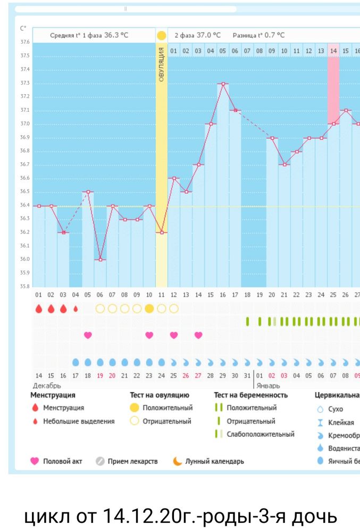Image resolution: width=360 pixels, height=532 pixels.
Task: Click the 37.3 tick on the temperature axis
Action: tap(24, 83)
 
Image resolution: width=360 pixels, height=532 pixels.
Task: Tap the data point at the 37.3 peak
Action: tap(223, 84)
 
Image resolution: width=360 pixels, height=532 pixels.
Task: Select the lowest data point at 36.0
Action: tap(100, 260)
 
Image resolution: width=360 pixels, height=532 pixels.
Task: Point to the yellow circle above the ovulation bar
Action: tap(162, 36)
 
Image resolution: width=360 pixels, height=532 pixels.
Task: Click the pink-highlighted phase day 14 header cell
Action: tap(333, 51)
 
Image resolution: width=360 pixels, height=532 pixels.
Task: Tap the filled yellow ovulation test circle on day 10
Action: tap(149, 309)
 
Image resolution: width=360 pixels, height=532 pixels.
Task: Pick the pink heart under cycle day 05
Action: tap(88, 335)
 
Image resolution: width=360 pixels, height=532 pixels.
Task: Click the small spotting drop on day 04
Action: tap(76, 309)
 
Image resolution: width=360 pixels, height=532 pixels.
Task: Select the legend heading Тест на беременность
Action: tap(250, 395)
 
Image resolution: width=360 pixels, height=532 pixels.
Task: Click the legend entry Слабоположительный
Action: tap(260, 434)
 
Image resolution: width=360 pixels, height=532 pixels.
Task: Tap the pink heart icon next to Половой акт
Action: tap(35, 461)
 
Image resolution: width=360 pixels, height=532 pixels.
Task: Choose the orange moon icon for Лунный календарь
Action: tap(177, 461)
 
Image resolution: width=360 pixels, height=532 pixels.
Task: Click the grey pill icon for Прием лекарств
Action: tap(100, 461)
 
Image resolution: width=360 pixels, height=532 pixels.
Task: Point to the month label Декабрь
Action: tap(47, 385)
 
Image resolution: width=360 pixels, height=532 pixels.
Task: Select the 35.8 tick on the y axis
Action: tap(24, 287)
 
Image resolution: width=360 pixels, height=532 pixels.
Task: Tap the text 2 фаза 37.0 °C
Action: tap(197, 35)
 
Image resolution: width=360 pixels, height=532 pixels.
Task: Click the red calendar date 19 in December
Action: tap(100, 375)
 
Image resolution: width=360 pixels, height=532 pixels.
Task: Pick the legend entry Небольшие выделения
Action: tap(79, 421)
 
